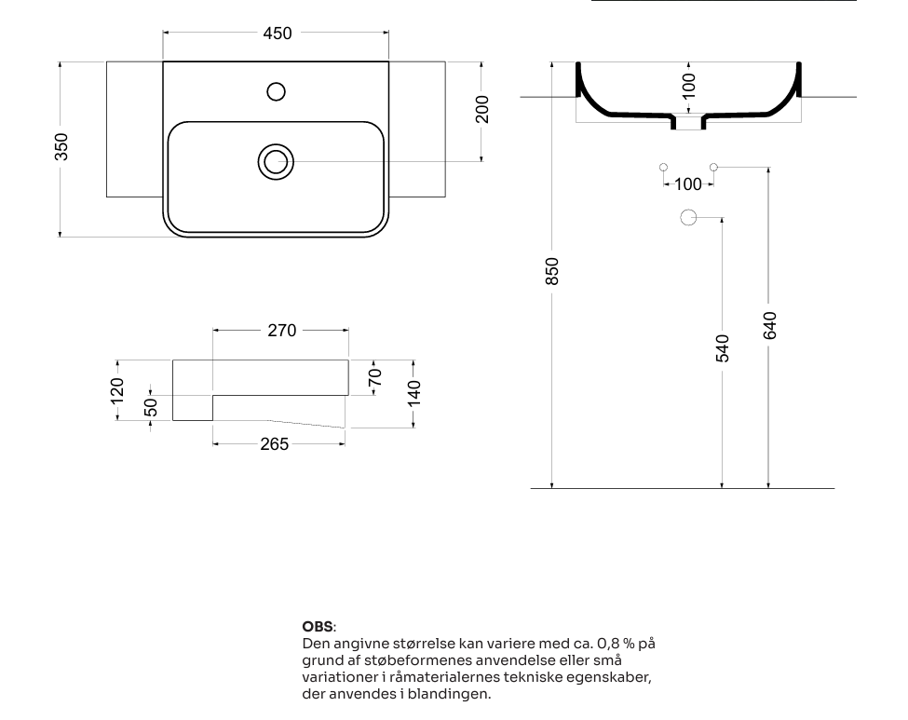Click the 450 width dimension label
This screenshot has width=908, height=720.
click(x=278, y=34)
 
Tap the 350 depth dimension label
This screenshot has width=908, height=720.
click(x=61, y=147)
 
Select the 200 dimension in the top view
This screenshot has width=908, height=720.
click(x=481, y=110)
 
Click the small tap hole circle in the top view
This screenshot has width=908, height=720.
click(x=277, y=91)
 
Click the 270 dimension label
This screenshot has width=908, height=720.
click(x=282, y=331)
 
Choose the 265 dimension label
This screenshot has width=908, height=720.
click(x=275, y=444)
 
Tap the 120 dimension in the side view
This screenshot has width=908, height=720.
click(x=117, y=391)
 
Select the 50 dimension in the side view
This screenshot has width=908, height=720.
click(x=151, y=407)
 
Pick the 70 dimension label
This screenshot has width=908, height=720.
click(x=375, y=377)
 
